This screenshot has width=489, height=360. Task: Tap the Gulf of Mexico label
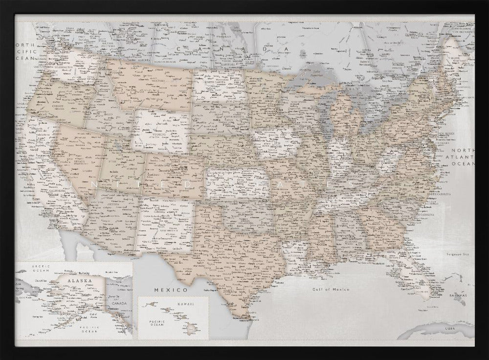pyautogui.click(x=332, y=290)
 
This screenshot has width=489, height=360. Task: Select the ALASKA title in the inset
pyautogui.click(x=78, y=281)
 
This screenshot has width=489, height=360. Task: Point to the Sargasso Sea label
pyautogui.click(x=460, y=254)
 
